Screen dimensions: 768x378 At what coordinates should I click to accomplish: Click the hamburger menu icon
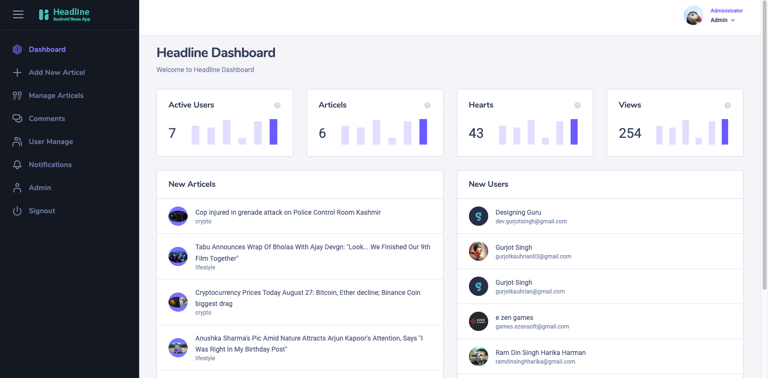tap(18, 14)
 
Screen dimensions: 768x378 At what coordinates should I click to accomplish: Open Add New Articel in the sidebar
tap(57, 73)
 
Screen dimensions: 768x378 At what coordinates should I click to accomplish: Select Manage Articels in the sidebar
tap(56, 96)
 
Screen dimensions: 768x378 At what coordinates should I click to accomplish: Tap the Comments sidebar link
tap(47, 118)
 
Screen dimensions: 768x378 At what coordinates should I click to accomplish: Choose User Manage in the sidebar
tap(51, 141)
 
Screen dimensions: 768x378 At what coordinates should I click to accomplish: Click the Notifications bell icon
tap(17, 165)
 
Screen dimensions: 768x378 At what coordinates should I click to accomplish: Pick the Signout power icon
tap(17, 210)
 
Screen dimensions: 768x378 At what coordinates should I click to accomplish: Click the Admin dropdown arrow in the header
tap(732, 20)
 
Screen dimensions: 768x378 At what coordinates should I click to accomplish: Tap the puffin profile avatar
tap(693, 15)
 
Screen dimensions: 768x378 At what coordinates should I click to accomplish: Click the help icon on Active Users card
tap(277, 105)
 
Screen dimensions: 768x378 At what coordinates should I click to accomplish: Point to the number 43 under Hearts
tap(476, 133)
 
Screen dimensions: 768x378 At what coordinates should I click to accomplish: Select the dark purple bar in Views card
tap(725, 132)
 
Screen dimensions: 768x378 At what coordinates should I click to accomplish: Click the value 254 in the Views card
tap(630, 133)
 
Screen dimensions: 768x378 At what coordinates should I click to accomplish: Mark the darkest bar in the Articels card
tap(423, 132)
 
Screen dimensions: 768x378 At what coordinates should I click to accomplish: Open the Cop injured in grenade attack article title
tap(288, 212)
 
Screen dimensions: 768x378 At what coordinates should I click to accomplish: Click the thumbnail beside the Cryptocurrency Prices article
tap(178, 302)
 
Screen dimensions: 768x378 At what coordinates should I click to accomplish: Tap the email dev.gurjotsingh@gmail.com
tap(531, 221)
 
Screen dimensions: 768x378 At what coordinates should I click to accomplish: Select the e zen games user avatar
tap(478, 321)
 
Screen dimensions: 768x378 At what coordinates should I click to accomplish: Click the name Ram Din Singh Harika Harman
tap(540, 353)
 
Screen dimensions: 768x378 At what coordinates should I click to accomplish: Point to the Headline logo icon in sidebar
tap(44, 14)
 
